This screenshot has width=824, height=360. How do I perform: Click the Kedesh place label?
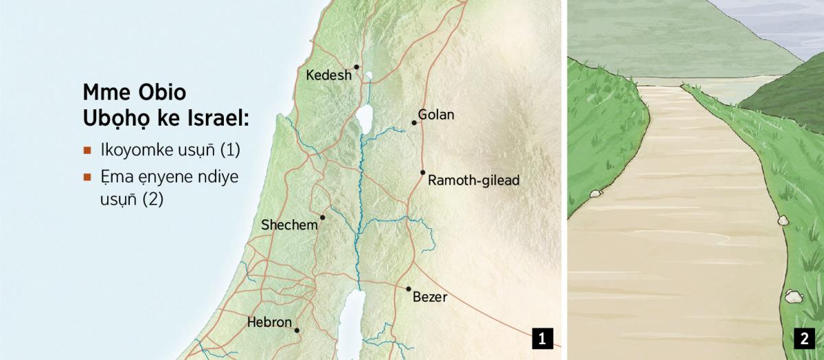coord(328,75)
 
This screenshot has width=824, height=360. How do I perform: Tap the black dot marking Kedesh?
coord(356,67)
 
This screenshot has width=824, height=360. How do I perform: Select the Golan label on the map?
coord(436,115)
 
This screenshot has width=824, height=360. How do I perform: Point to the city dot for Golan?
coord(414,123)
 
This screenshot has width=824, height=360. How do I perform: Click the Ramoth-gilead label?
coord(473,181)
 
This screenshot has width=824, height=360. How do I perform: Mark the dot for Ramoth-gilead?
coord(423,172)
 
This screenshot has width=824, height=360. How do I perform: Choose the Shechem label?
coord(289,225)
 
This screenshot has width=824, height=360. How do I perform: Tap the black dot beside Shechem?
coord(322,217)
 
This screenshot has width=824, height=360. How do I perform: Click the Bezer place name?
coord(430,297)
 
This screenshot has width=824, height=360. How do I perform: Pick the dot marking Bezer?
coord(409,289)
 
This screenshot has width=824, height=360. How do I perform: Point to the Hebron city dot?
coord(297,330)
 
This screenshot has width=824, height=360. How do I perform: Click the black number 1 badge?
coord(542,339)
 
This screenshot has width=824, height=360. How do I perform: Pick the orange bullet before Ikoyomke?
coord(87,150)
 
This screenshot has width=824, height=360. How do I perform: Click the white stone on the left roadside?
coord(595,194)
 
